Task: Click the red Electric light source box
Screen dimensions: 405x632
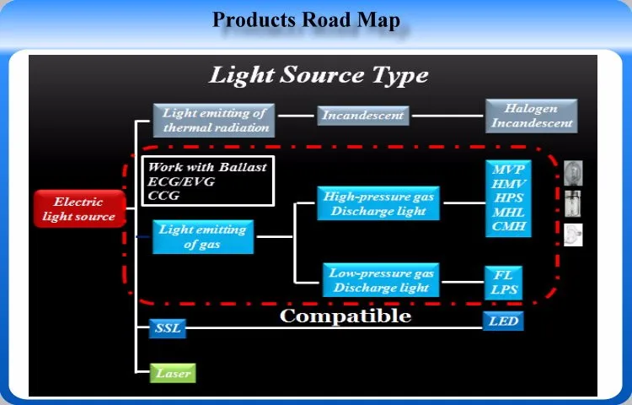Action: [x=78, y=209]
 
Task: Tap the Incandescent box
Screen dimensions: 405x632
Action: [x=363, y=115]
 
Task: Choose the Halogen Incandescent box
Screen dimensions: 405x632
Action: [x=532, y=116]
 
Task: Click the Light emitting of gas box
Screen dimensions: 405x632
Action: [x=202, y=236]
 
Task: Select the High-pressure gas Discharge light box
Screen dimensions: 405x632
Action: [x=378, y=203]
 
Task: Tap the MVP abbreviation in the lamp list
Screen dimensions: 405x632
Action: [x=508, y=169]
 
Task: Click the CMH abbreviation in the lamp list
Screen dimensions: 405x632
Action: [x=508, y=226]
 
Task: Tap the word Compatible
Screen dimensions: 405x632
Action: [x=345, y=316]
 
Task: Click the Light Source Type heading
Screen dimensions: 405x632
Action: [x=319, y=75]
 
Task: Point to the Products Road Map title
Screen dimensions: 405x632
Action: [x=306, y=19]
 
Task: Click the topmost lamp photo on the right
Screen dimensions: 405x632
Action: [x=573, y=173]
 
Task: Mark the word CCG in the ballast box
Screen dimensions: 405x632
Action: [x=163, y=196]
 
